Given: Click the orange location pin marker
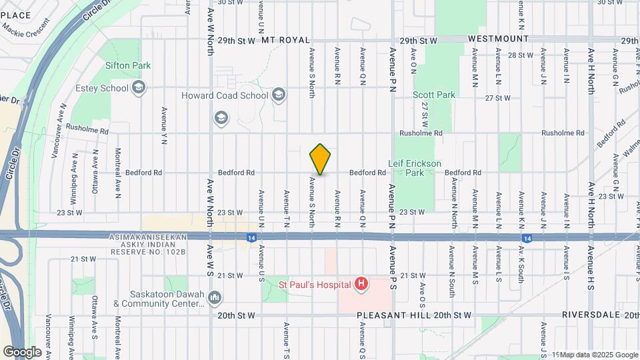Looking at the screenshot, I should [320, 159].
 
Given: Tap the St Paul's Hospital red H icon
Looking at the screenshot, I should [361, 285].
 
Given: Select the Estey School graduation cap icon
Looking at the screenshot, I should [139, 88].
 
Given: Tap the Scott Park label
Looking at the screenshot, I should [434, 95].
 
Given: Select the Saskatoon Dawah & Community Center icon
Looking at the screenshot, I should [215, 296].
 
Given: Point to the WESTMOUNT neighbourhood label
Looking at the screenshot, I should [493, 39].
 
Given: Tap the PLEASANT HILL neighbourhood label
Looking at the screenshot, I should [387, 315].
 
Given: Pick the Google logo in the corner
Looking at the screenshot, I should [23, 351].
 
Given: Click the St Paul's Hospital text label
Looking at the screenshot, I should [315, 285].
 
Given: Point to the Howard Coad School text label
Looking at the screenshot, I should [225, 95].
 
